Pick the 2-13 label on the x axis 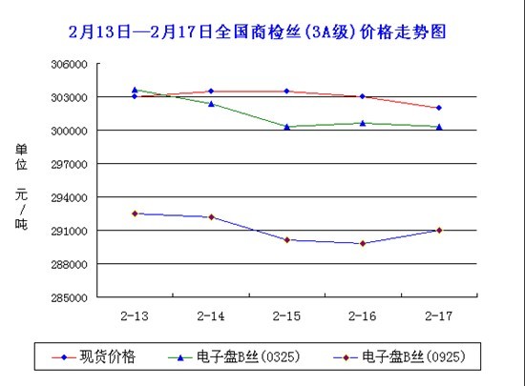134,315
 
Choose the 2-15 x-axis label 286,315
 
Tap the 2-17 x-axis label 439,315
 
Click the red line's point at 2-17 439,108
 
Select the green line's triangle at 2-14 211,103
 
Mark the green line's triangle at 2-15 287,126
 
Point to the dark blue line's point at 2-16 363,243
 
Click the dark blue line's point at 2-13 135,213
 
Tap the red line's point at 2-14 211,91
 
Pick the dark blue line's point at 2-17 439,230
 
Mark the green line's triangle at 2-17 439,126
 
